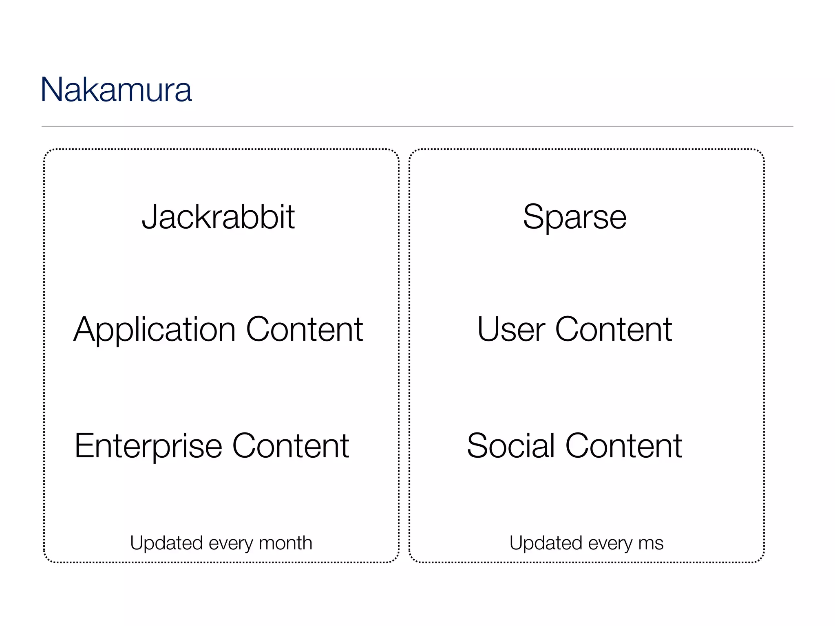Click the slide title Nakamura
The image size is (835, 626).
[x=116, y=90]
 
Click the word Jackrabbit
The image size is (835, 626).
[x=218, y=217]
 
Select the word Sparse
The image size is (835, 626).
[x=574, y=217]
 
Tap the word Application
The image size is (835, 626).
[x=155, y=329]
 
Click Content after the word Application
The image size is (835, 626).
[x=304, y=329]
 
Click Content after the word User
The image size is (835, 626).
[x=613, y=329]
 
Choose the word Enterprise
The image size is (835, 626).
[x=148, y=446]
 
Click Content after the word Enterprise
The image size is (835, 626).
[x=290, y=446]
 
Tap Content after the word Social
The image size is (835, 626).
[x=623, y=446]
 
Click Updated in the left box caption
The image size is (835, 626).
[x=166, y=543]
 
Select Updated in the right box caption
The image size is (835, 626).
[x=546, y=543]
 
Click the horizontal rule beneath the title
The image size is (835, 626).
[x=417, y=126]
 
